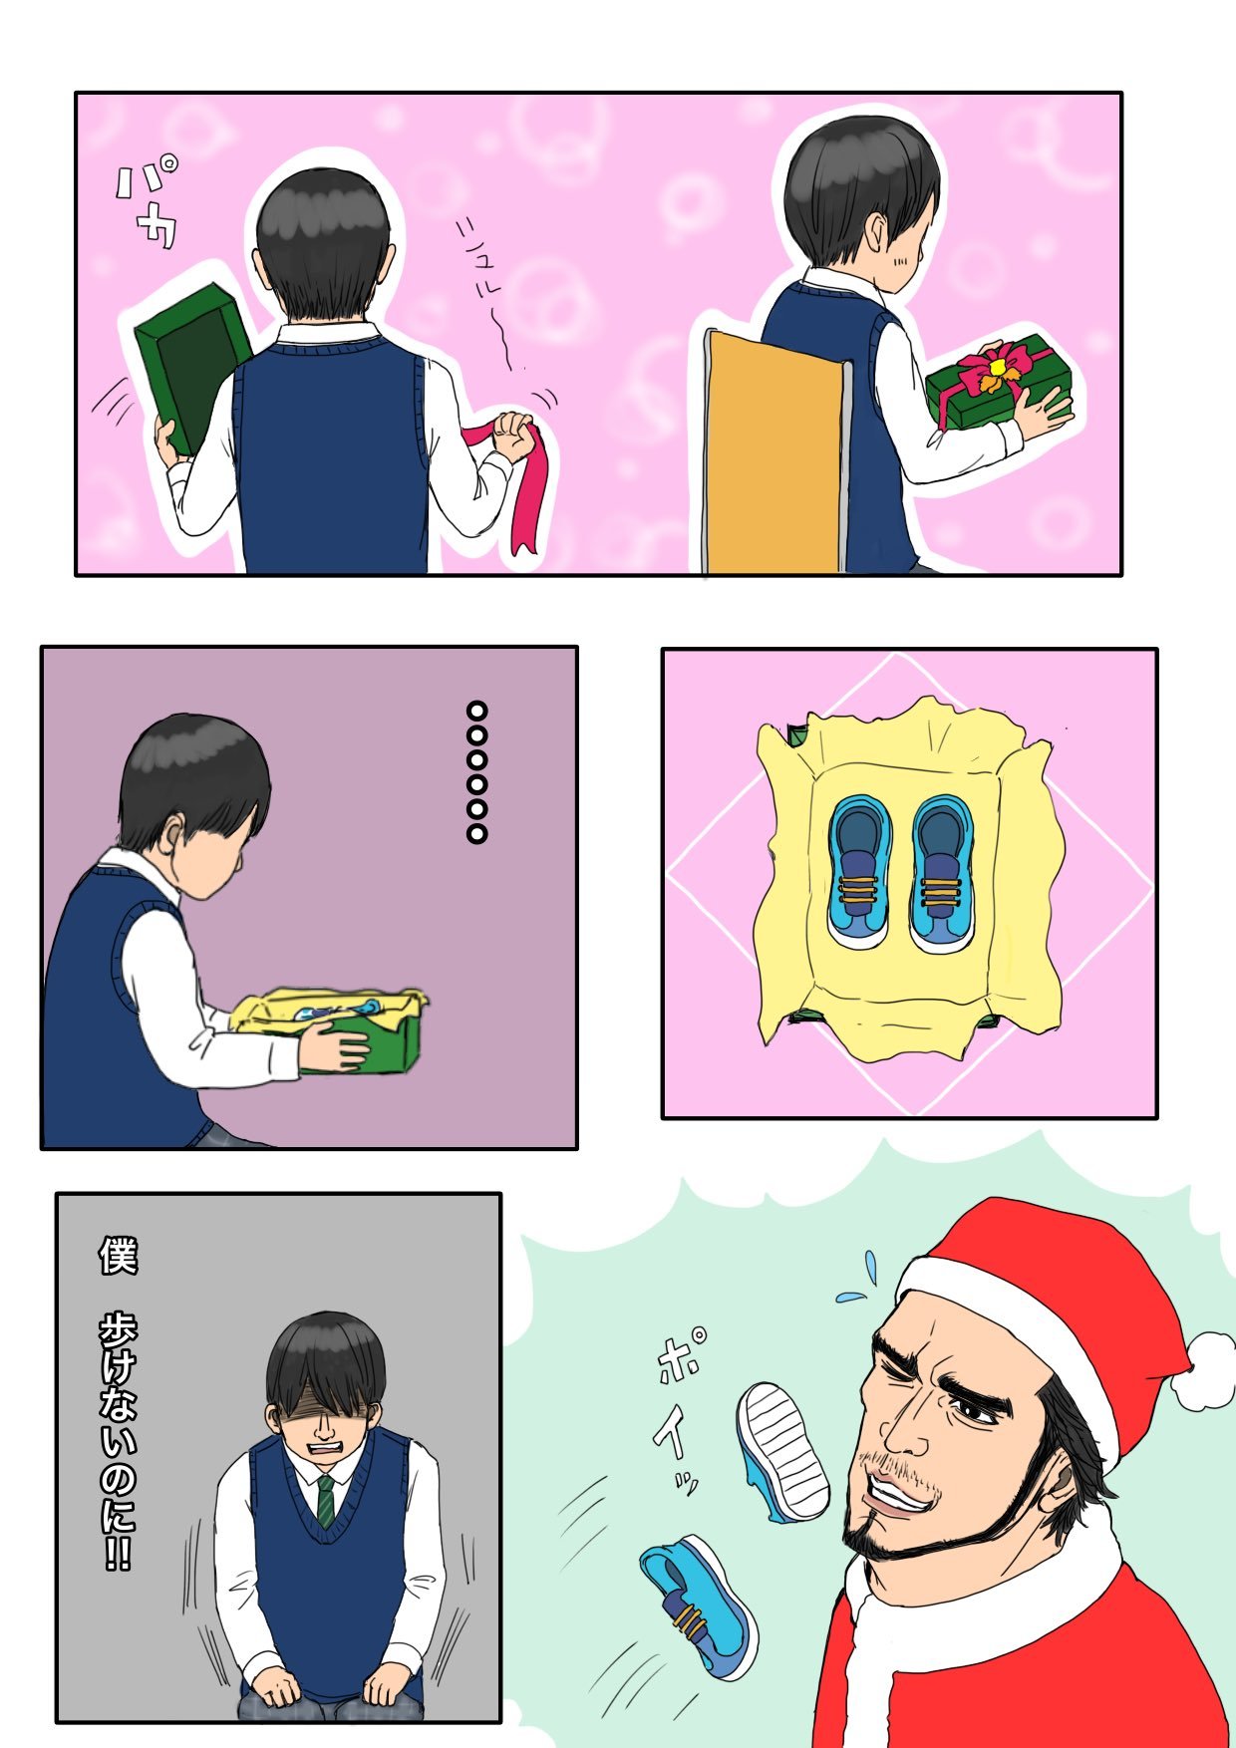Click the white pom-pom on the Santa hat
pos(1203,1370)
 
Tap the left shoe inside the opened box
pos(858,871)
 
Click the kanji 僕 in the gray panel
pos(118,1256)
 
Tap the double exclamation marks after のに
pos(118,1555)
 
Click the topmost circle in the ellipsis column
pos(477,712)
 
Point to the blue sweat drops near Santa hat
pos(858,1281)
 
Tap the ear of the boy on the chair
pos(874,236)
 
